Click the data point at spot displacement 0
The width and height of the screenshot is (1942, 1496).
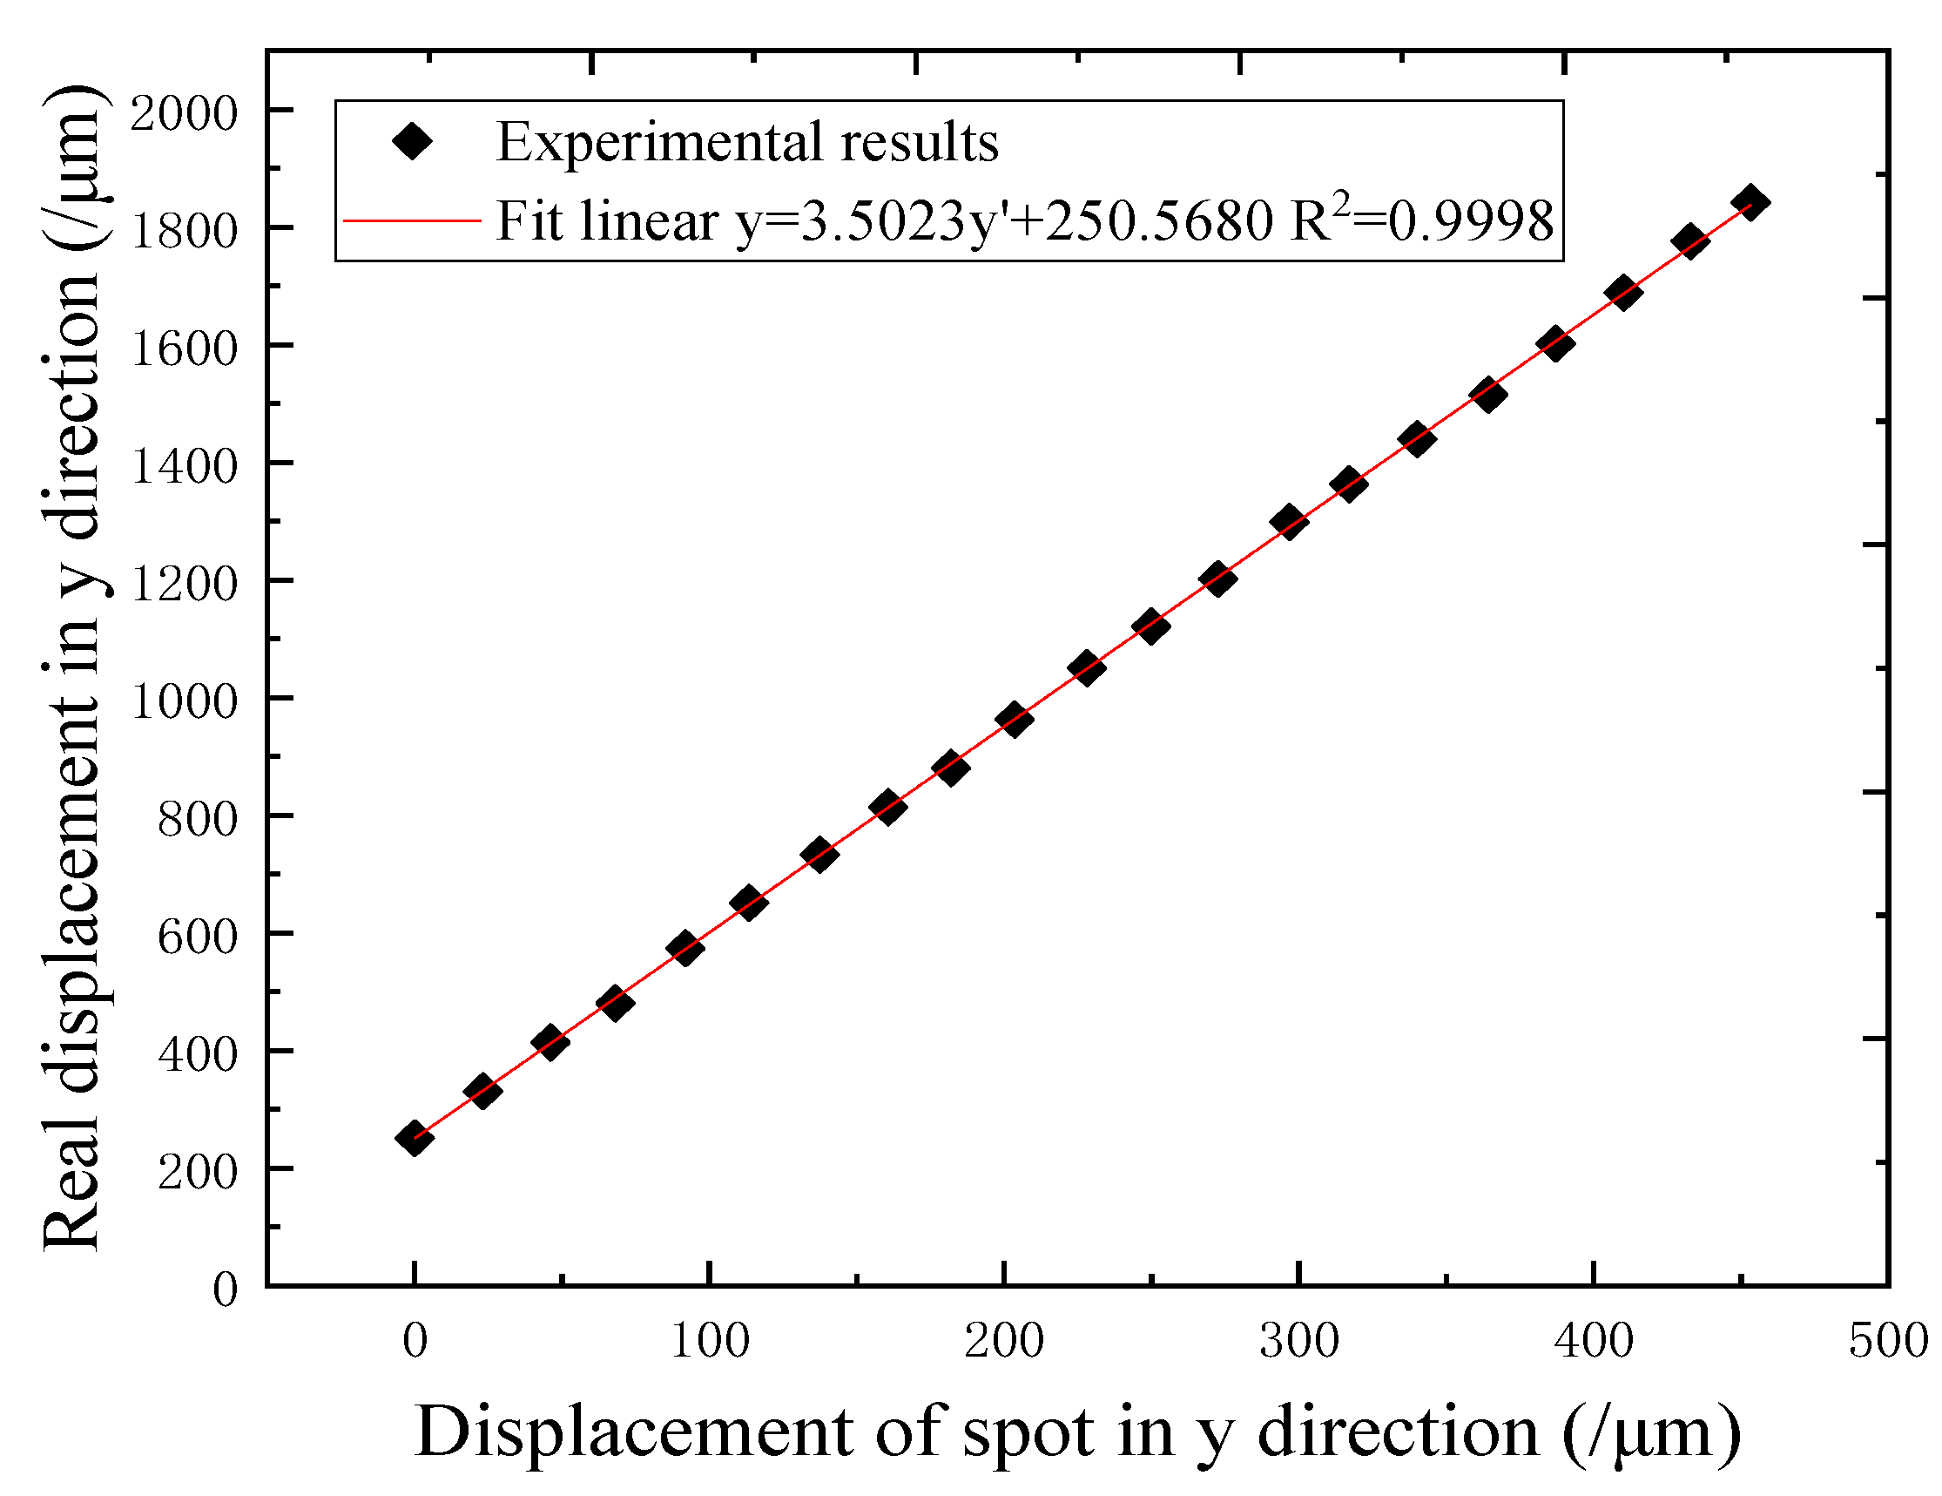(x=415, y=1138)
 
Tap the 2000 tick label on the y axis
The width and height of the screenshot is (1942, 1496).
(x=184, y=114)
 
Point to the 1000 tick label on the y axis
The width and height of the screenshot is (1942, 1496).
(x=184, y=701)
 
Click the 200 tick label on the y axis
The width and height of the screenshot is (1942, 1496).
(x=198, y=1172)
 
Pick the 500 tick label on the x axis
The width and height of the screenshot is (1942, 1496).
(x=1887, y=1341)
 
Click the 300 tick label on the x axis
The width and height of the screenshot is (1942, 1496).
(x=1298, y=1341)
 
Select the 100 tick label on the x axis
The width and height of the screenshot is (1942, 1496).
(x=710, y=1341)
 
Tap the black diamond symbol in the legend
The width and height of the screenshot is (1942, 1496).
(x=413, y=140)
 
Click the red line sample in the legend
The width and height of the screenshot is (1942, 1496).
(x=412, y=220)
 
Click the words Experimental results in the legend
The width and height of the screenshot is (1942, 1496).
(x=747, y=141)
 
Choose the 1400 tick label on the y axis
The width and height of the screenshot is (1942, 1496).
(x=184, y=466)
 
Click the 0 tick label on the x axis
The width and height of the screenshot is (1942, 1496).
(x=415, y=1341)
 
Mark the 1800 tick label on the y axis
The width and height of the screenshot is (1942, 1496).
(x=184, y=231)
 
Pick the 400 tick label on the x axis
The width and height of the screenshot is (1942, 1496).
(x=1594, y=1341)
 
